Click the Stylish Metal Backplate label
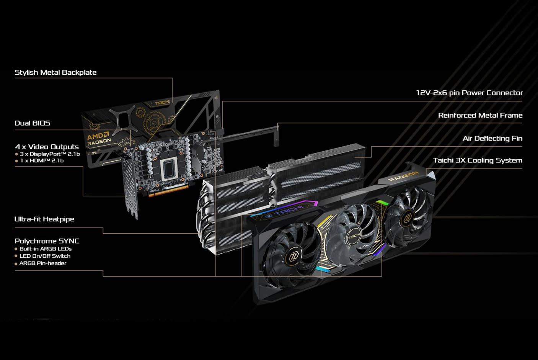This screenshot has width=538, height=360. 55,72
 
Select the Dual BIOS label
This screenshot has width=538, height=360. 32,123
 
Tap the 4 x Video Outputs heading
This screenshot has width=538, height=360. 47,147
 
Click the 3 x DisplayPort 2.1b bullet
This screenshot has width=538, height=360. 50,154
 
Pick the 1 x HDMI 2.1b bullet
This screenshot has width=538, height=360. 42,161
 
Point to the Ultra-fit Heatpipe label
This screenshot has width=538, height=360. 44,219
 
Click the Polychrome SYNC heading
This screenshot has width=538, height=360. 47,241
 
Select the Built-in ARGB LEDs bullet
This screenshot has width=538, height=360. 45,249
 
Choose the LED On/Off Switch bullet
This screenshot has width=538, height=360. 45,256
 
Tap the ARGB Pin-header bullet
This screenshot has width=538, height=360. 42,263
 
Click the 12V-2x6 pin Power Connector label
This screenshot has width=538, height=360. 469,93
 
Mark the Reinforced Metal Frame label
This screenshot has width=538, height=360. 480,115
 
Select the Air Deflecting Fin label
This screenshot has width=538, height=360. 492,138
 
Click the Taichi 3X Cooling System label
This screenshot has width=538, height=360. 477,160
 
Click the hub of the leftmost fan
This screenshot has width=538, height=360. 295,257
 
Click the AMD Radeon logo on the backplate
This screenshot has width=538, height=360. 99,139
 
